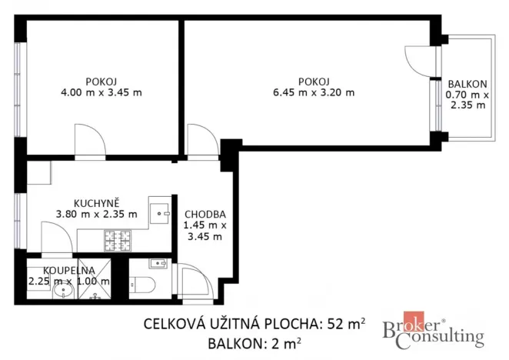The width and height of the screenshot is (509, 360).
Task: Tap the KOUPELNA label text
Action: tap(68, 270)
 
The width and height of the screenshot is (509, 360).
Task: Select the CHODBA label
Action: tap(204, 214)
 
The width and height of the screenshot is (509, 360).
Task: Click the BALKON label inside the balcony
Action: tap(467, 84)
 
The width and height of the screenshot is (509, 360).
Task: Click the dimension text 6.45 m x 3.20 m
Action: tap(314, 92)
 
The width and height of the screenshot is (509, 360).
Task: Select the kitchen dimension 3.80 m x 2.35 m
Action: tap(96, 214)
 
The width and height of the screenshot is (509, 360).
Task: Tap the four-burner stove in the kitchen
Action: tap(120, 241)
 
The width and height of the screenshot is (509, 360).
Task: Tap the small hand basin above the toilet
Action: tap(158, 264)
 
